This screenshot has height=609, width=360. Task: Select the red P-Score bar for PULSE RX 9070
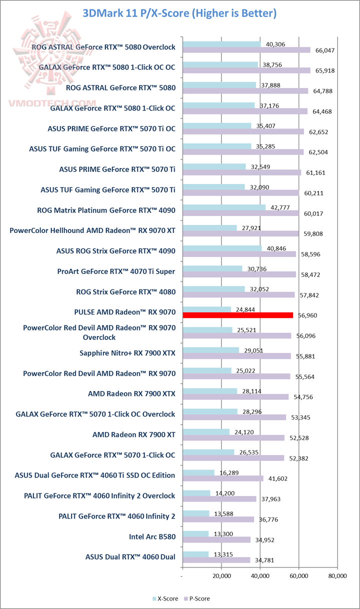pos(238,315)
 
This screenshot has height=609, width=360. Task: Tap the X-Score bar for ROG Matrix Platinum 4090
pos(224,207)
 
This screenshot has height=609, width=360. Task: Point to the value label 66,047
pos(323,50)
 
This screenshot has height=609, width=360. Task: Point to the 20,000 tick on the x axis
pos(221,575)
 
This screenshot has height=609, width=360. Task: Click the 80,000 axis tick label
pos(337,575)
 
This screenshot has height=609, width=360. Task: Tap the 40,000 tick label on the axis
pos(260,575)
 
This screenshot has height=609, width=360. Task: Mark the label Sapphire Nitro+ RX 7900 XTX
pos(127,352)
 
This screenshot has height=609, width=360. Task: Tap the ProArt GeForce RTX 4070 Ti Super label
pos(116,271)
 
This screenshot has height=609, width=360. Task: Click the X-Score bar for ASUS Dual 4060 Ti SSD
pos(198,472)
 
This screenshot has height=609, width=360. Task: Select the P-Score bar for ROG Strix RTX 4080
pos(238,294)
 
